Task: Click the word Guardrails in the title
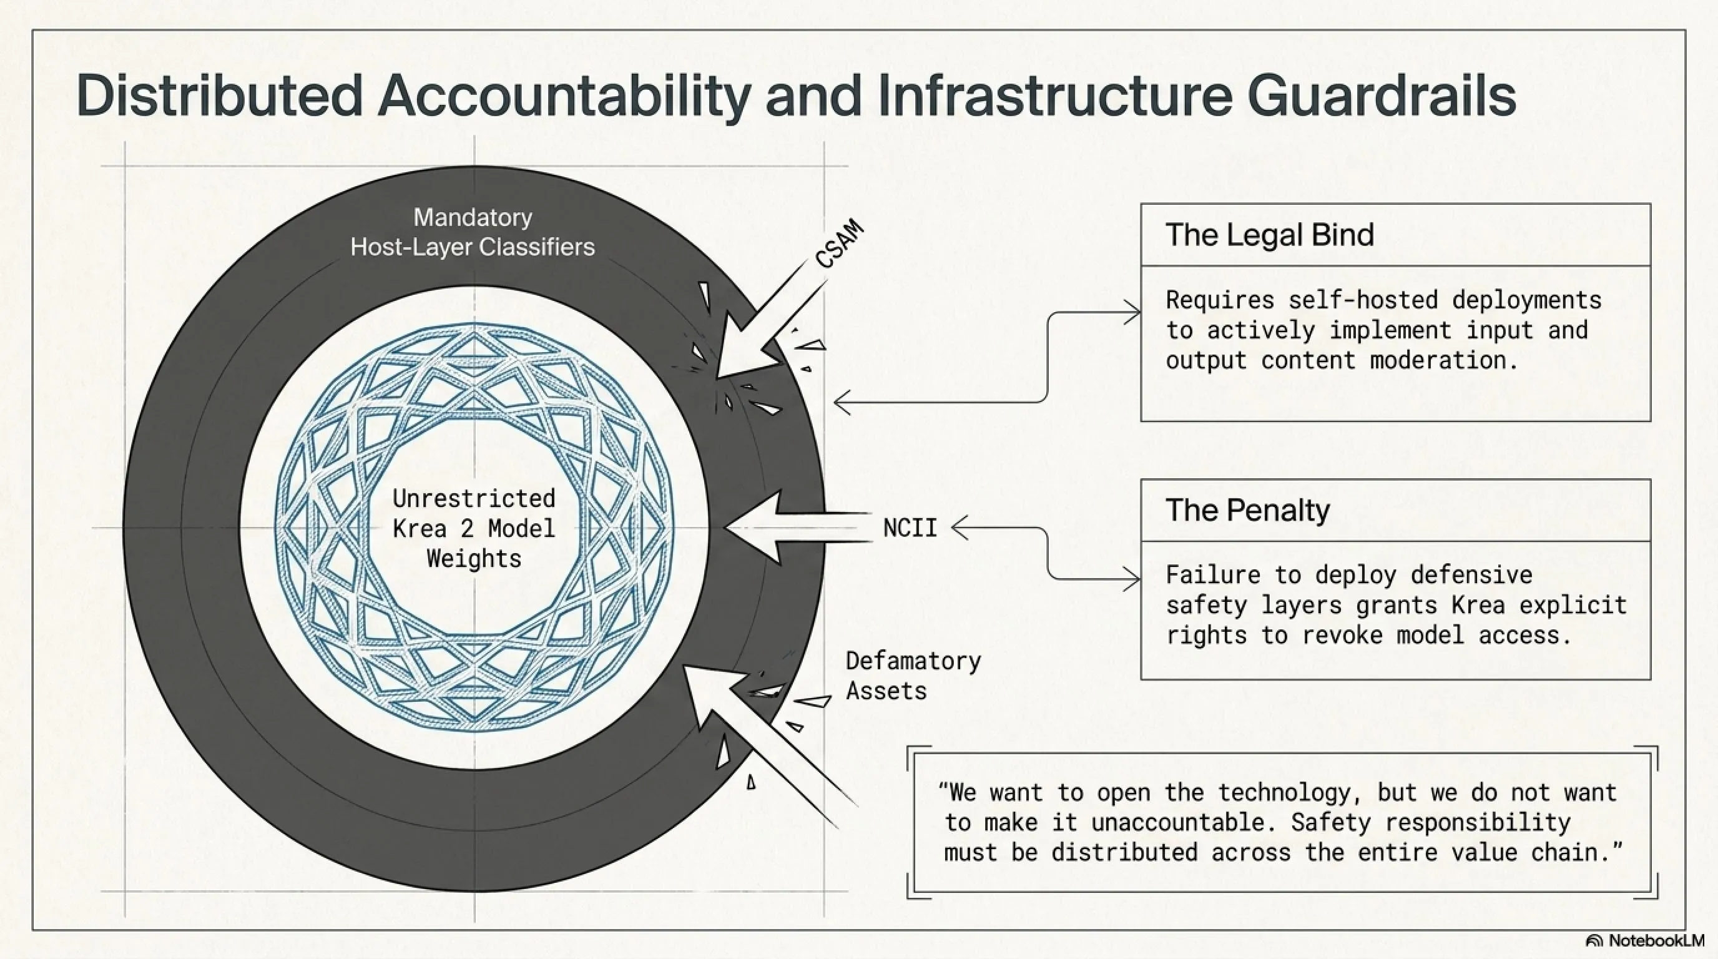[x=1381, y=96]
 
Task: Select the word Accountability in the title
[x=564, y=96]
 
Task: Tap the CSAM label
[x=840, y=244]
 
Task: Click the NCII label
[x=910, y=528]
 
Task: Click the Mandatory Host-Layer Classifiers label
[x=472, y=232]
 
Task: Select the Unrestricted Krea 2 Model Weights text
[x=474, y=528]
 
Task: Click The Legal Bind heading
[x=1269, y=235]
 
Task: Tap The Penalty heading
[x=1247, y=510]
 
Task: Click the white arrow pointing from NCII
[x=797, y=528]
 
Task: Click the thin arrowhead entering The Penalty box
[x=1132, y=579]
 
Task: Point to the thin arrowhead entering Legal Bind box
[x=1132, y=312]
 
